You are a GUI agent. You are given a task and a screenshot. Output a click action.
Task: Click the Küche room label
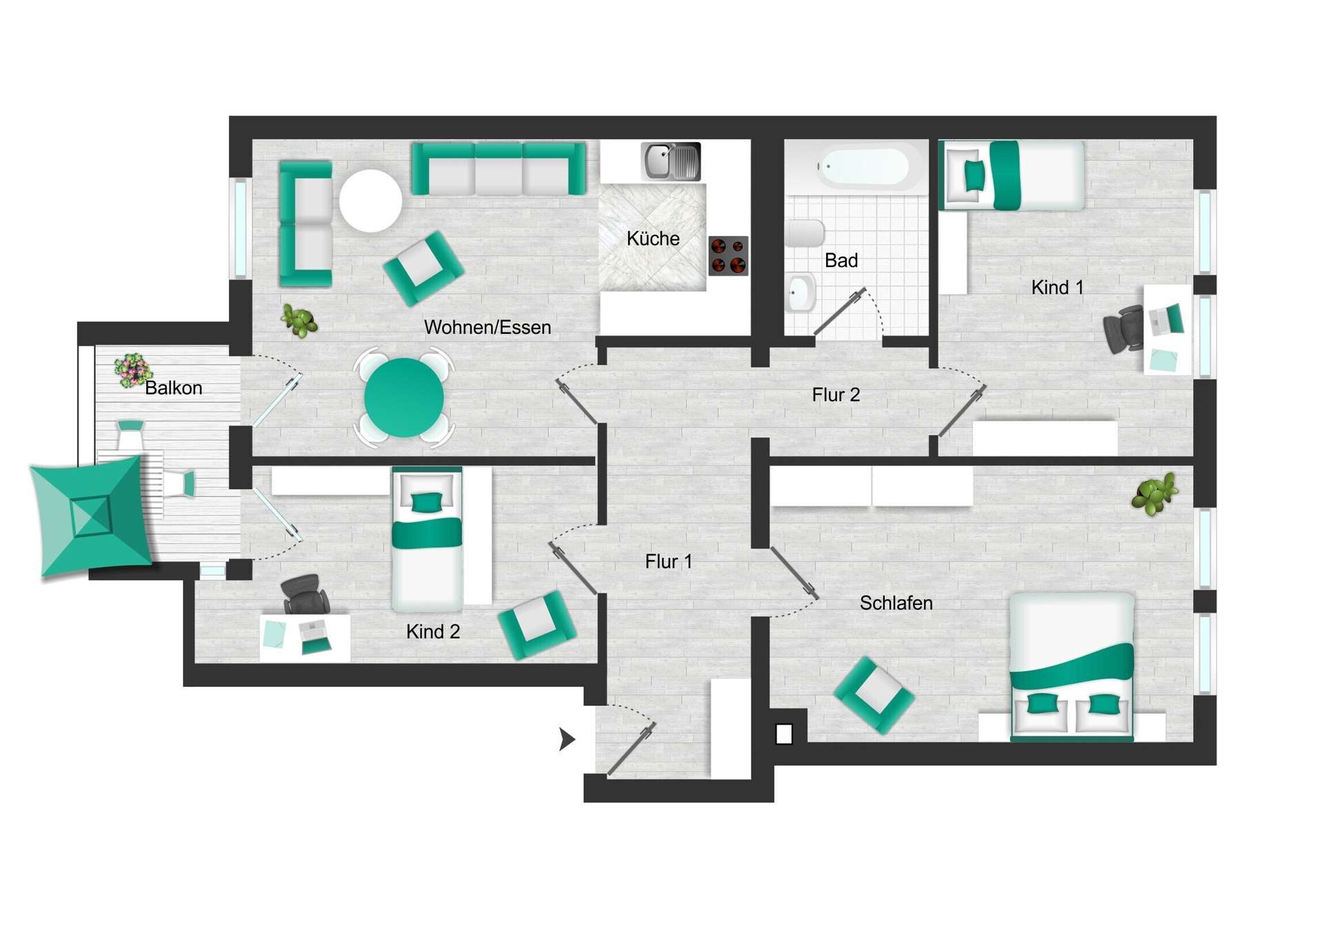point(652,239)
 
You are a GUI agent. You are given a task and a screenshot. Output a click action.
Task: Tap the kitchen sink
point(670,161)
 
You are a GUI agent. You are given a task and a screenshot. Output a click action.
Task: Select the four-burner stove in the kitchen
point(728,255)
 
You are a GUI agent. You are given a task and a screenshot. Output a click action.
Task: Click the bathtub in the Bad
point(863,167)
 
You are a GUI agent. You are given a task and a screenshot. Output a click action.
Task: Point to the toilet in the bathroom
point(804,233)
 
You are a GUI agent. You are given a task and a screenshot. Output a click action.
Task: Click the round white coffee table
point(370,200)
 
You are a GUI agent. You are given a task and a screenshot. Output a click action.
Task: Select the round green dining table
point(403,397)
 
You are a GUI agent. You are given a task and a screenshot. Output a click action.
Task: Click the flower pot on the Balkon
point(132,370)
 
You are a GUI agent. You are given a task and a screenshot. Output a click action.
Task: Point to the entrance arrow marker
point(567,739)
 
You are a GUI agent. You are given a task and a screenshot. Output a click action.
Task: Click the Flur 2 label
point(836,395)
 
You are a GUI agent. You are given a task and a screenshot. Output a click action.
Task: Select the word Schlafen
point(896,603)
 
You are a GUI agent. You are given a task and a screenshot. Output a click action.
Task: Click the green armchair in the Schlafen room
point(874,694)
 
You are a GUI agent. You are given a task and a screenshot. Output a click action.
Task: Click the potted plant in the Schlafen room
point(1154,494)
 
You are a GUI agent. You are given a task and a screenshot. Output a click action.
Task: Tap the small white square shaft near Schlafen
point(784,734)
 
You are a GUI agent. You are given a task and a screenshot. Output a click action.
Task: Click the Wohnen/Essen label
point(487,327)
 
